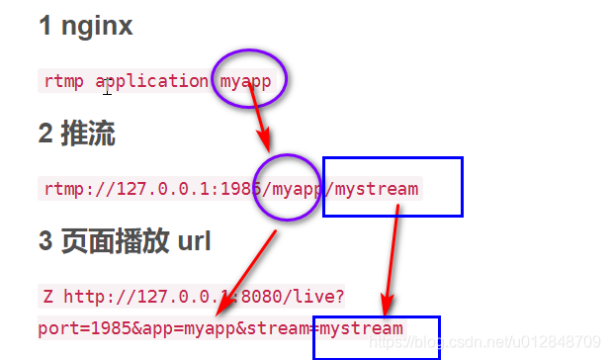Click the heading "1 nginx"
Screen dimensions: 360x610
click(x=86, y=27)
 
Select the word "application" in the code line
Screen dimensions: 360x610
click(x=153, y=81)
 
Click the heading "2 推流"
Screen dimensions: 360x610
click(x=77, y=135)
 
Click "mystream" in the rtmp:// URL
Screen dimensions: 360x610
click(x=377, y=188)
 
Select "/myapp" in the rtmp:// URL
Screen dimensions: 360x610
click(x=296, y=188)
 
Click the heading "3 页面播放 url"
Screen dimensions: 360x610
click(x=125, y=241)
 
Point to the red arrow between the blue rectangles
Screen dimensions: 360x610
click(x=392, y=257)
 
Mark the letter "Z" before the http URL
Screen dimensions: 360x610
click(x=47, y=296)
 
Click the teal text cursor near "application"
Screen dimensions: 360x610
click(x=106, y=88)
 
